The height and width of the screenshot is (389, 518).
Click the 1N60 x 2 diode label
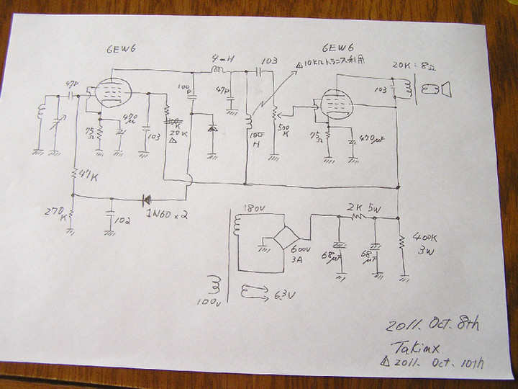tap(167, 214)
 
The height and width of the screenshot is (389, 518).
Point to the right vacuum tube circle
tap(332, 104)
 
